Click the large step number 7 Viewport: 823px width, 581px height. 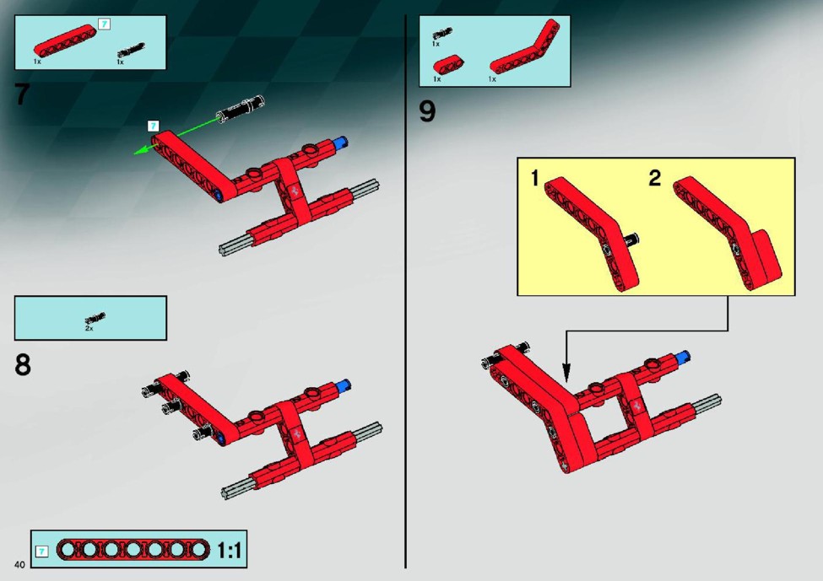tap(21, 94)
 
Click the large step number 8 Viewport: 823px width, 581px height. tap(23, 364)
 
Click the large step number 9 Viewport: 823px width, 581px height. tap(427, 111)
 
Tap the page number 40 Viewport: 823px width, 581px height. tap(20, 565)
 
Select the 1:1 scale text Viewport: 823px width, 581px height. tap(230, 550)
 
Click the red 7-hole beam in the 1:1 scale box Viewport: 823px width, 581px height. tap(133, 550)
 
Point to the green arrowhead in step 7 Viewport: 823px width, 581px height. tap(139, 152)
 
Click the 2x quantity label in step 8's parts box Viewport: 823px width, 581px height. tap(89, 328)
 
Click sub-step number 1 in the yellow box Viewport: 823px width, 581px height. tap(535, 178)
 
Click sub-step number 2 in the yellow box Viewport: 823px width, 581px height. tap(654, 178)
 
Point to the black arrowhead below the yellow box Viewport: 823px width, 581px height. tap(566, 373)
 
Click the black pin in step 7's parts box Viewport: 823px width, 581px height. tap(131, 51)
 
